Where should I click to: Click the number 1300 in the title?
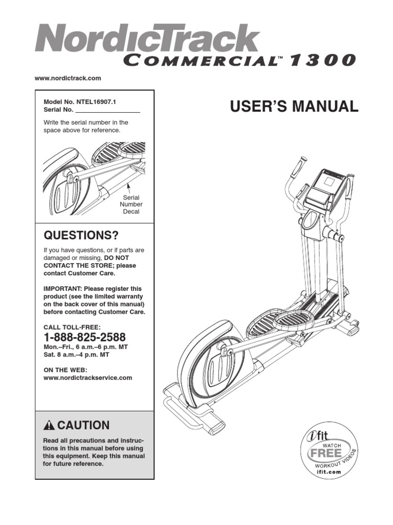pyautogui.click(x=322, y=60)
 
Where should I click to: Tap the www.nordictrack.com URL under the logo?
pyautogui.click(x=68, y=78)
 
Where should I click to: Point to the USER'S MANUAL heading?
pyautogui.click(x=294, y=107)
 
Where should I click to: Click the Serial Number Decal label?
pyautogui.click(x=131, y=204)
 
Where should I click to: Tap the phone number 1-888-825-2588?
pyautogui.click(x=84, y=337)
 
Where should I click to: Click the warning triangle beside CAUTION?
pyautogui.click(x=49, y=426)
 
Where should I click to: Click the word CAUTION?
pyautogui.click(x=83, y=425)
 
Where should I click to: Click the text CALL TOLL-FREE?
pyautogui.click(x=72, y=327)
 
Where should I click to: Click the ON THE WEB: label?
pyautogui.click(x=65, y=370)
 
